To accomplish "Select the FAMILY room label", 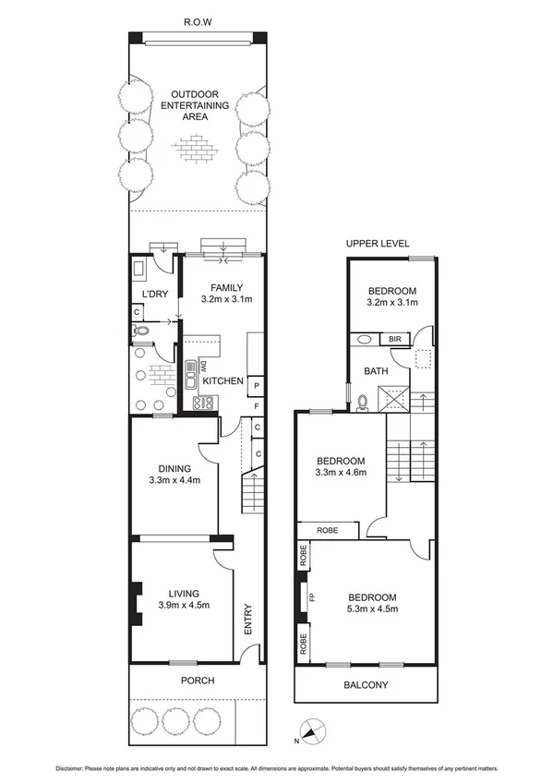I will (x=226, y=293).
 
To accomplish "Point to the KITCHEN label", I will (x=222, y=380).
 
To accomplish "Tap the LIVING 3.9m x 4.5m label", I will (x=182, y=599).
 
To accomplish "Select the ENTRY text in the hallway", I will (x=247, y=620).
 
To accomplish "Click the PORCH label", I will (x=198, y=681).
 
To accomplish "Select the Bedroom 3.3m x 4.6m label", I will (x=341, y=467).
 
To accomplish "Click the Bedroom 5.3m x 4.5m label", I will (x=372, y=603).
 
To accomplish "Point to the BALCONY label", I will (x=365, y=685).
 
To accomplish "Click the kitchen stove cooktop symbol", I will (x=202, y=403).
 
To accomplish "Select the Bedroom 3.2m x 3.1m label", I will (x=391, y=295).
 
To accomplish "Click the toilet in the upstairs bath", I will (x=363, y=403).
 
